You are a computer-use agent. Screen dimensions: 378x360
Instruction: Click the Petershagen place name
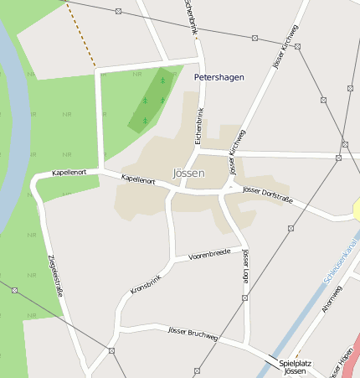[x=219, y=77]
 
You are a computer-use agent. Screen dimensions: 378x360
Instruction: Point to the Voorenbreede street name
[x=209, y=253]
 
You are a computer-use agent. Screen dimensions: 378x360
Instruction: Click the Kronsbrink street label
[x=144, y=280]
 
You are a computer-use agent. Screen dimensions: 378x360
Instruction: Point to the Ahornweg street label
[x=332, y=300]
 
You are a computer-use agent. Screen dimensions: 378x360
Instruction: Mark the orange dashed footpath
[x=80, y=34]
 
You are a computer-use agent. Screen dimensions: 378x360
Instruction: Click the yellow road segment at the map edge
[x=356, y=209]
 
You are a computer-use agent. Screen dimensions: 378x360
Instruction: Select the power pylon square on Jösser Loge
[x=244, y=298]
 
